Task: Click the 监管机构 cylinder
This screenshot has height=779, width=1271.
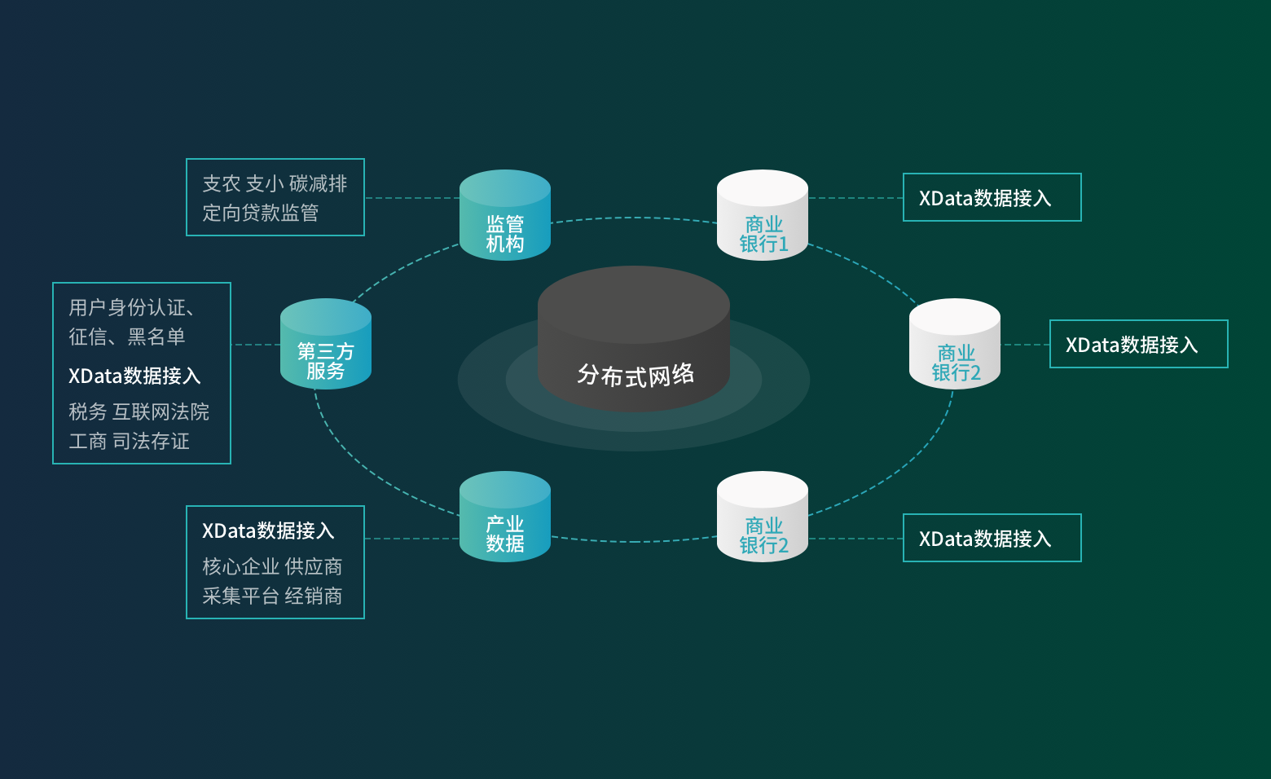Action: [505, 216]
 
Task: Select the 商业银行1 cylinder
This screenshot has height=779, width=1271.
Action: [763, 216]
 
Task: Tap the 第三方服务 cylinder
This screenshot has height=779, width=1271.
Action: [326, 345]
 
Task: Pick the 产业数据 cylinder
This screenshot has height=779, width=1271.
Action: [505, 517]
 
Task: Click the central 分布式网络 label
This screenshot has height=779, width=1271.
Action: [635, 375]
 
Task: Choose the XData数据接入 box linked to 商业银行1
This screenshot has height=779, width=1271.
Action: [992, 197]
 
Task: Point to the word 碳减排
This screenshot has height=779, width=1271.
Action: [318, 183]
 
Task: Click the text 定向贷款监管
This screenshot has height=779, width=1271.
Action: [260, 213]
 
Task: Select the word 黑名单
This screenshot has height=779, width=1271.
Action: [156, 337]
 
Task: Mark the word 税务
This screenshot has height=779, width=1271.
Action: [87, 412]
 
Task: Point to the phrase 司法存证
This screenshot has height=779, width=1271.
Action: [151, 441]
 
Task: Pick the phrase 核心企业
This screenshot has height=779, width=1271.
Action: [240, 566]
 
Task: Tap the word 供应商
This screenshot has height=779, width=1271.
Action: [314, 566]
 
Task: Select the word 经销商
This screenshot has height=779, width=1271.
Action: [314, 596]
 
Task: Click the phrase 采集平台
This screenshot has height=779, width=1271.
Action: [240, 596]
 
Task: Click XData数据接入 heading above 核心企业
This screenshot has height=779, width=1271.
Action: [268, 530]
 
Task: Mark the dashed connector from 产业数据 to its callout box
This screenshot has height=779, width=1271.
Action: [412, 539]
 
